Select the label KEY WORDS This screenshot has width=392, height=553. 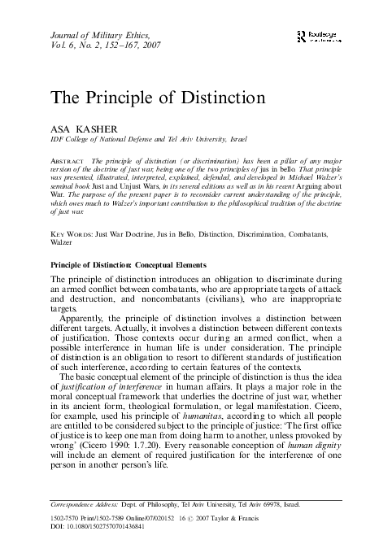coord(69,233)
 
